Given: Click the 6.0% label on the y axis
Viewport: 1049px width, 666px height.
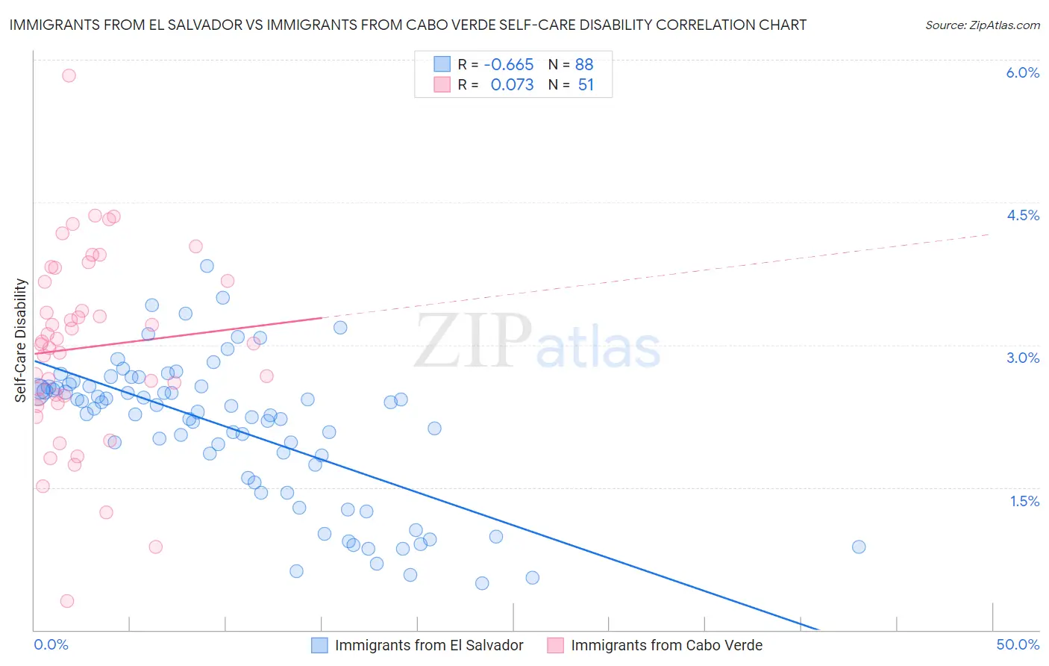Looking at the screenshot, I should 1022,72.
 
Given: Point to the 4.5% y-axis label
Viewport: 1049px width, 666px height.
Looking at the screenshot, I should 1022,215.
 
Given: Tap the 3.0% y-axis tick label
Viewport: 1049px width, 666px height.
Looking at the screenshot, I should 1022,358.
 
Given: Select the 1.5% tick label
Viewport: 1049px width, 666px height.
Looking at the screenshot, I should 1024,501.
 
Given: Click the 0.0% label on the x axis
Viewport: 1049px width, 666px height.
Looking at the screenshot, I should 51,644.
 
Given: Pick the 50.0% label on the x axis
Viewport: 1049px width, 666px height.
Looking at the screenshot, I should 1018,644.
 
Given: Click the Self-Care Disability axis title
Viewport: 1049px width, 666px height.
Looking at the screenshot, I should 21,340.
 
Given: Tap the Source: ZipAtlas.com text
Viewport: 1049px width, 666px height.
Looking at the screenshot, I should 982,25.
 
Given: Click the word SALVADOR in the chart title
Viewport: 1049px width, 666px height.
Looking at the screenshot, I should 200,25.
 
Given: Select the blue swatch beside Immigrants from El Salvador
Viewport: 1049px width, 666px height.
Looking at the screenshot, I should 319,645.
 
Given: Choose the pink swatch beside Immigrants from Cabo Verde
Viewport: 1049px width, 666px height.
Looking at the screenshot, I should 555,645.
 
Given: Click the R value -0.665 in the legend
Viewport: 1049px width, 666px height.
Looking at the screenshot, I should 508,64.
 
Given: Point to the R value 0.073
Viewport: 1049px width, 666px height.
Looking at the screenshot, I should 512,85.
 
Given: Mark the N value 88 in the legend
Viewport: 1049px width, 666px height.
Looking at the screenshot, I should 584,64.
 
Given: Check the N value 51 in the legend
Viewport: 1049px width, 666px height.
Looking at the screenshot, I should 586,85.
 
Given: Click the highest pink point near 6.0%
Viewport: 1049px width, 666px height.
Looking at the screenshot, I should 69,75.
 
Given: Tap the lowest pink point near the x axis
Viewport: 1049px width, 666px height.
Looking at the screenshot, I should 67,601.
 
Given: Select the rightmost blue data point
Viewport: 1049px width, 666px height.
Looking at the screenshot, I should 859,547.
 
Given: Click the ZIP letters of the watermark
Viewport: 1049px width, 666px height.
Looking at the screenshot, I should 473,340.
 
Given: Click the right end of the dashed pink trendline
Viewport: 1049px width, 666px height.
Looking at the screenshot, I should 989,234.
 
